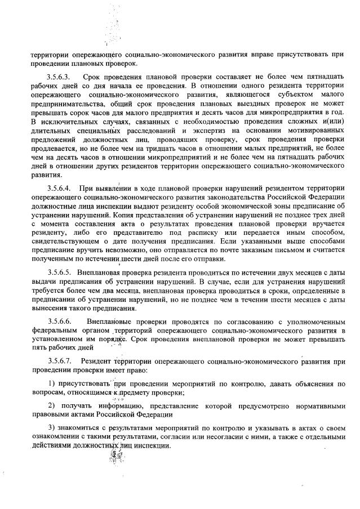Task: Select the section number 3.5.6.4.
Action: click(60, 187)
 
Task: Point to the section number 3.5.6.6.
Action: click(60, 320)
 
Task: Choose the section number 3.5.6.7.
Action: click(60, 360)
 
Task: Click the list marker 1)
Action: click(51, 384)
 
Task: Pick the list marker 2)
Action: click(51, 405)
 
